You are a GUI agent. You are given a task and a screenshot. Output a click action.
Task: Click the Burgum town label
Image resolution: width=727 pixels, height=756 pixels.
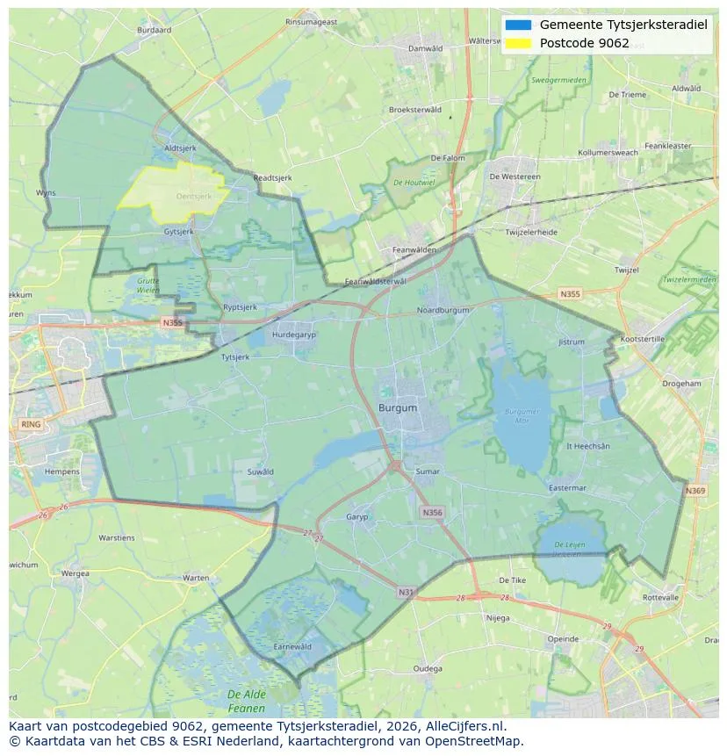click(x=398, y=408)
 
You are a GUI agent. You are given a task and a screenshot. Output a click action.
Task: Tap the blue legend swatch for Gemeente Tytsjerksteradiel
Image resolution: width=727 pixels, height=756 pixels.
click(x=518, y=25)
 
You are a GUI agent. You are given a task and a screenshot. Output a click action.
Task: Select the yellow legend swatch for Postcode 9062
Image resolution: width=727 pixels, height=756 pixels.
click(x=518, y=43)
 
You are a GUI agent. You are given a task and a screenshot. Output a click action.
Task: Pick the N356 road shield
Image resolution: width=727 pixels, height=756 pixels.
click(x=432, y=512)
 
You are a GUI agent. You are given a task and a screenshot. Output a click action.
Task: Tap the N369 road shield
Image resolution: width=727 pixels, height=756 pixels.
click(x=695, y=491)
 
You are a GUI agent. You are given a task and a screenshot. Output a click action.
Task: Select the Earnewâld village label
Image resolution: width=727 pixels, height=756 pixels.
click(x=292, y=646)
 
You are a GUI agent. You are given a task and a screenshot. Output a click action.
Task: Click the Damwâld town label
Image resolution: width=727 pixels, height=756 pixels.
click(x=426, y=48)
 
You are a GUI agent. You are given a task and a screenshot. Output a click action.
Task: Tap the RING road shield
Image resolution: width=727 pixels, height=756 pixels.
click(x=30, y=424)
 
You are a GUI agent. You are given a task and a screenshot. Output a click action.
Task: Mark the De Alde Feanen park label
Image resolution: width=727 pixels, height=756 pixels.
click(x=246, y=701)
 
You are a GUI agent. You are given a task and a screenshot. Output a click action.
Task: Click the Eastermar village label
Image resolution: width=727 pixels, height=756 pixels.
click(x=566, y=488)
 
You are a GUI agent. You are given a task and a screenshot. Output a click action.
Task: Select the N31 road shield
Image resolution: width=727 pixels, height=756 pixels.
click(x=406, y=593)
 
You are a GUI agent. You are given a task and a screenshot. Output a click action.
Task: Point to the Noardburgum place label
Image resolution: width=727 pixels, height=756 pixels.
click(x=443, y=310)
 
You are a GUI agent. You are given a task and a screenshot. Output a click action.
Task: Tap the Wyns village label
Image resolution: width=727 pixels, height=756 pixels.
click(x=46, y=192)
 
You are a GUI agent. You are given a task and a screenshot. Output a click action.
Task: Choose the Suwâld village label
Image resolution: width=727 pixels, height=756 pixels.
click(x=261, y=472)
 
